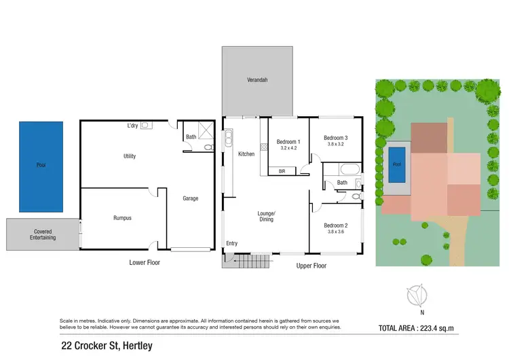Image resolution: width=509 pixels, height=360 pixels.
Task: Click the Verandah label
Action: [257, 80]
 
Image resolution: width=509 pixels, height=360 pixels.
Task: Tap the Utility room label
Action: [129, 156]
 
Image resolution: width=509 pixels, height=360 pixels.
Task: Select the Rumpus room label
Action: [122, 218]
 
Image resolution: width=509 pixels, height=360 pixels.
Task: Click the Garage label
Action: [190, 198]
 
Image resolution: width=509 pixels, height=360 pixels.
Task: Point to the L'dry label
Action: [133, 126]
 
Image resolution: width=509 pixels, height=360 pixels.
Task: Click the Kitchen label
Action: [246, 154]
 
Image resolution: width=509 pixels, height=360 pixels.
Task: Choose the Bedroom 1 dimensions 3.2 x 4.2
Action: [289, 148]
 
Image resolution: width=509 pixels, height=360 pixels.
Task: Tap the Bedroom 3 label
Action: [335, 137]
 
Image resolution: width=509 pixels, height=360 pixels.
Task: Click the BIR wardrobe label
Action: [282, 171]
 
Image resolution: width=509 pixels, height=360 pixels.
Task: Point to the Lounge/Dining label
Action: [265, 216]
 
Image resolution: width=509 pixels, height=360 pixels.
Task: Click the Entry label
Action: [232, 243]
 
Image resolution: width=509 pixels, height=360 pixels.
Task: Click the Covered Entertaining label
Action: [43, 234]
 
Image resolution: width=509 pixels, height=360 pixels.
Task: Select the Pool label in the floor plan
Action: [41, 165]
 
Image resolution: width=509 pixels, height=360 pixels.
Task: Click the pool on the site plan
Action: [397, 164]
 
